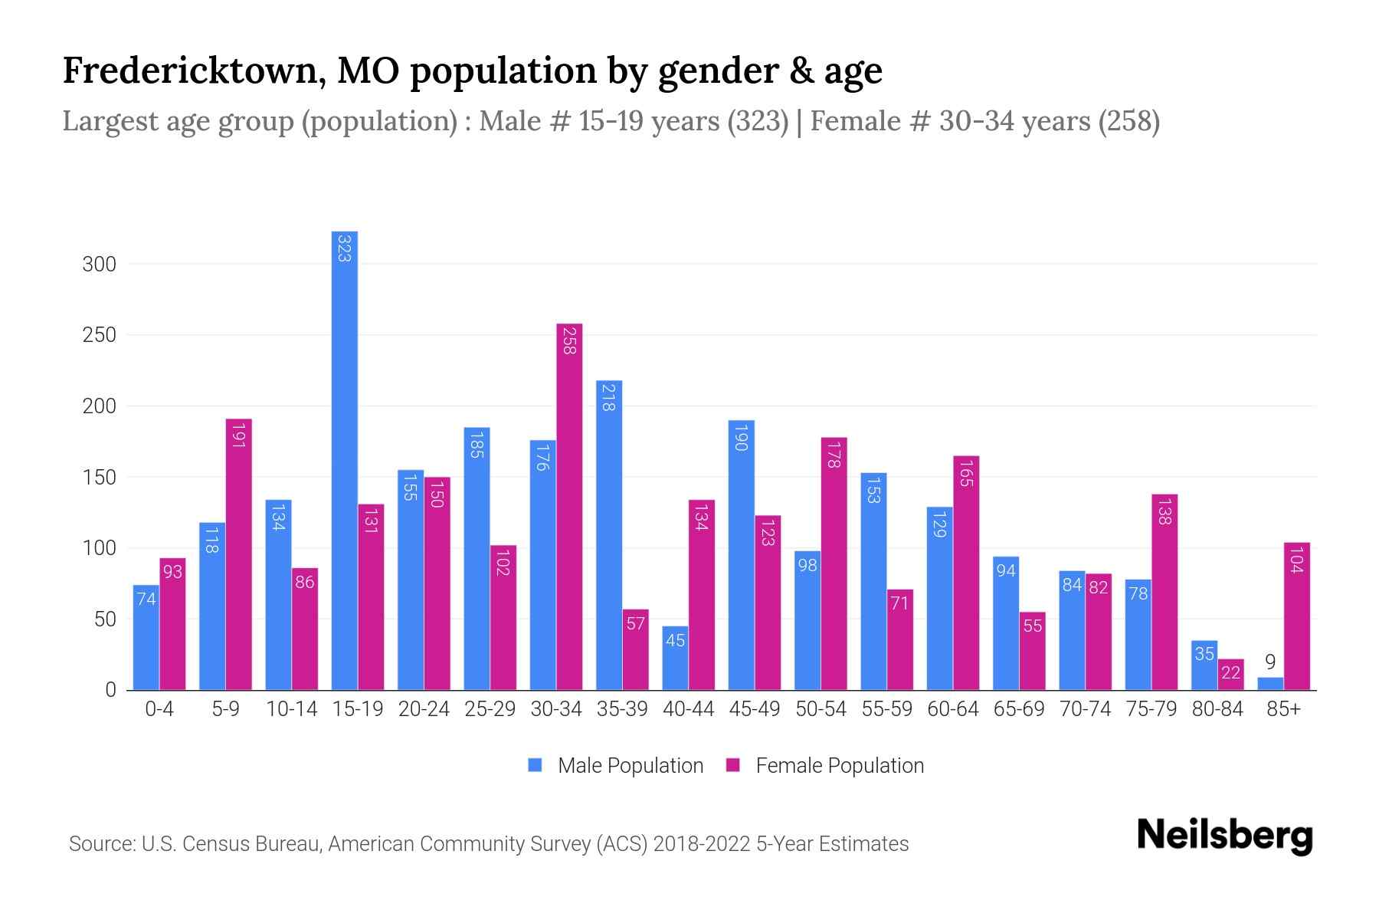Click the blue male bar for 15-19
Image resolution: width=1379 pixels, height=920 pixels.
click(344, 460)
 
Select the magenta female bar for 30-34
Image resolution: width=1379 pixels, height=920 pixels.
click(569, 506)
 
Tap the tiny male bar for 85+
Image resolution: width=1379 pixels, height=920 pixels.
click(1269, 684)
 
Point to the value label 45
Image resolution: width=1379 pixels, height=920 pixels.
click(675, 640)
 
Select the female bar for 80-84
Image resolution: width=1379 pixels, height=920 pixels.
click(1230, 675)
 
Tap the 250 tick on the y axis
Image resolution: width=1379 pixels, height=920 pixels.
click(99, 335)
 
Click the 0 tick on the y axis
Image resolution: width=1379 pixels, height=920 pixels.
click(110, 690)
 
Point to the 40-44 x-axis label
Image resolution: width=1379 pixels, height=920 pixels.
click(688, 709)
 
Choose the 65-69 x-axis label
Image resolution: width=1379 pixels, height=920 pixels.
click(1018, 709)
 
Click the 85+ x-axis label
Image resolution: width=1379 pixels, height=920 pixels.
click(1282, 709)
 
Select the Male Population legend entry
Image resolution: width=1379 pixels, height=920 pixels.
click(630, 766)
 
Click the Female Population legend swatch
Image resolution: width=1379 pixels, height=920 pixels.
click(733, 765)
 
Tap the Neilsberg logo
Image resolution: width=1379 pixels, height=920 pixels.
click(1224, 836)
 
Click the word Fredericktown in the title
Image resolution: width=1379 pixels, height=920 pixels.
click(188, 71)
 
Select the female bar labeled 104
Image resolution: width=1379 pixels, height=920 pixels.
click(1296, 616)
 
